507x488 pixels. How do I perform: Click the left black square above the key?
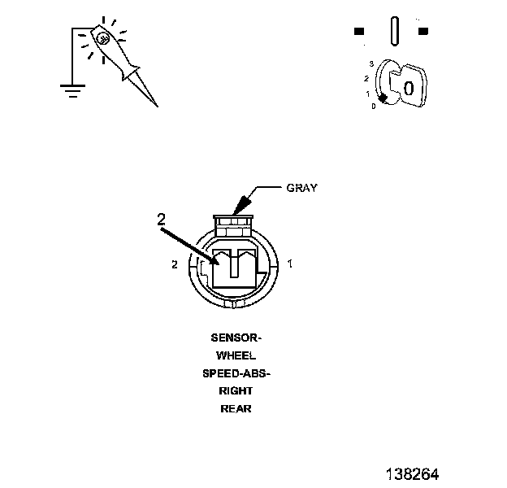(x=358, y=32)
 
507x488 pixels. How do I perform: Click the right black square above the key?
(x=422, y=32)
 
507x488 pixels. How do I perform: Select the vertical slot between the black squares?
(x=394, y=32)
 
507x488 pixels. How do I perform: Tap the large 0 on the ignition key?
(x=409, y=87)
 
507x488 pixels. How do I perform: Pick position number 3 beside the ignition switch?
(x=370, y=63)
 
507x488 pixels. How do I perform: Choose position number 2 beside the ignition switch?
(x=367, y=78)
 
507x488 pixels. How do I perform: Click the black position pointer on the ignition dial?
(x=382, y=98)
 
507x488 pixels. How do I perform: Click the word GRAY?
(x=302, y=188)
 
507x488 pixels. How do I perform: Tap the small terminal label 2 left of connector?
(x=174, y=264)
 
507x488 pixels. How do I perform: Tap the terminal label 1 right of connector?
(x=290, y=264)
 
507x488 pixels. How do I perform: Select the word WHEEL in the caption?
(x=236, y=355)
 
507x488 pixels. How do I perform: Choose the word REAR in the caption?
(x=236, y=409)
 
